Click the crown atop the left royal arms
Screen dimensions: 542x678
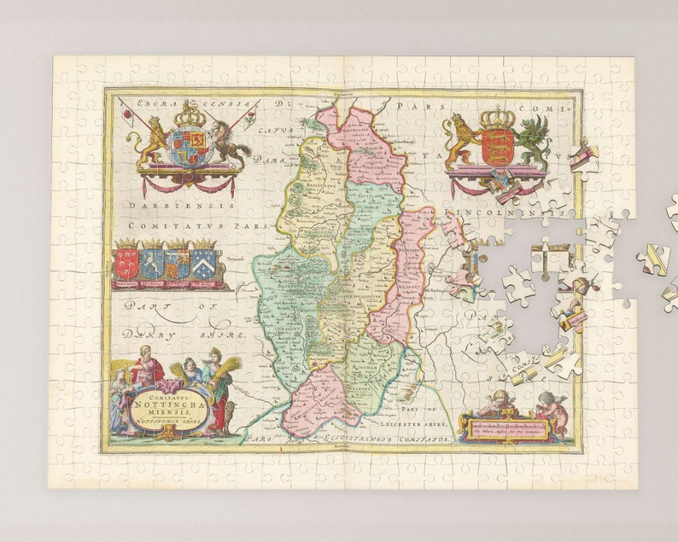tap(190, 114)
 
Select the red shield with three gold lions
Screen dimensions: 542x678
tap(497, 145)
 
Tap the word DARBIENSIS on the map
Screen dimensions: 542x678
tap(177, 206)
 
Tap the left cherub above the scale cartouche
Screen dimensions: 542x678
tap(498, 402)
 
